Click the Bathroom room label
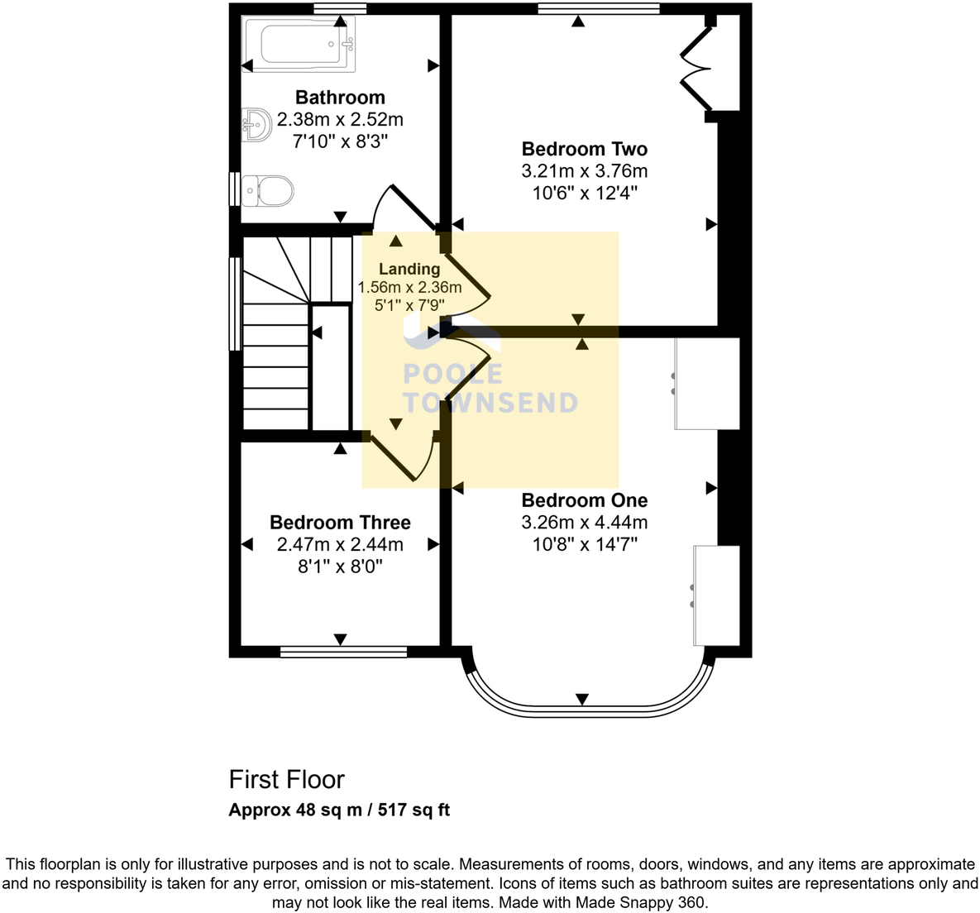pyautogui.click(x=340, y=98)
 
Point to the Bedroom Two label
pyautogui.click(x=584, y=149)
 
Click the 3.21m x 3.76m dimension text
pyautogui.click(x=584, y=171)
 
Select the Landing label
pyautogui.click(x=409, y=269)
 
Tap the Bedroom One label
pyautogui.click(x=584, y=500)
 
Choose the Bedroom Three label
pyautogui.click(x=340, y=523)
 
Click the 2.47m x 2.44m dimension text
pyautogui.click(x=340, y=544)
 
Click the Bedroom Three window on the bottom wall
pyautogui.click(x=343, y=652)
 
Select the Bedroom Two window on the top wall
pyautogui.click(x=598, y=9)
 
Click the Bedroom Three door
pyautogui.click(x=392, y=459)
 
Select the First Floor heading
pyautogui.click(x=286, y=779)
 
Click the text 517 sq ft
pyautogui.click(x=414, y=810)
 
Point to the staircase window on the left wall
pyautogui.click(x=235, y=304)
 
